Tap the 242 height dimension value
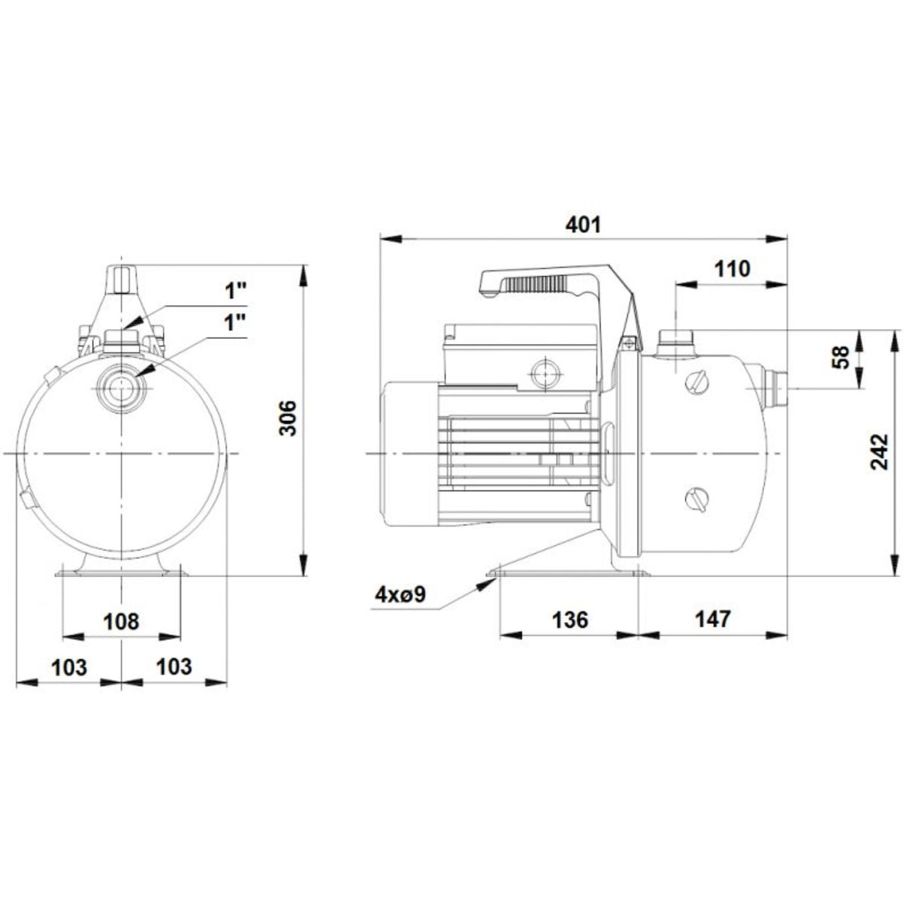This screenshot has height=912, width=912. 880,451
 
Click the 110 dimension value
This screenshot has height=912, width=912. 732,268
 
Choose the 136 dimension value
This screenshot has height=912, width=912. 570,619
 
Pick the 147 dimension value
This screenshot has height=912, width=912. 712,619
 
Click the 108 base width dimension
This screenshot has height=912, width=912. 121,621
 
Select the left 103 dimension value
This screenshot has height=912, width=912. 68,666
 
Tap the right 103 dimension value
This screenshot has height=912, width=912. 174,666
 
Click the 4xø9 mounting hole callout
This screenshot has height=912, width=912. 401,595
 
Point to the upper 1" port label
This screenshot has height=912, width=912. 235,291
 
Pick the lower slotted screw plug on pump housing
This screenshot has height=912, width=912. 697,497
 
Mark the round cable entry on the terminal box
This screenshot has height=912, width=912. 542,370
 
